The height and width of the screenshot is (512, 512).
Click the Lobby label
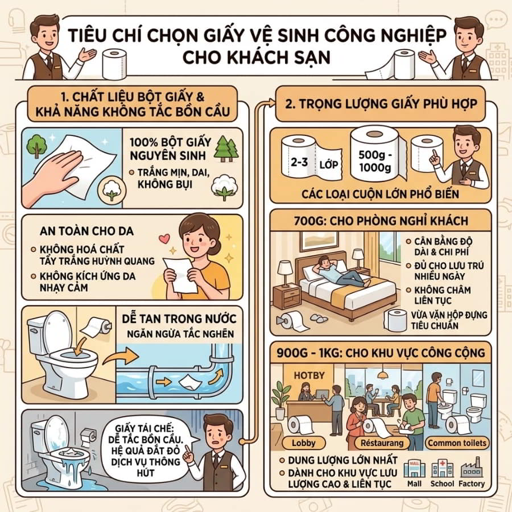(304, 443)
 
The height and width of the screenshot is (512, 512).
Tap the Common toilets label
(457, 443)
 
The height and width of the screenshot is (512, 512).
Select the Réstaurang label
(382, 443)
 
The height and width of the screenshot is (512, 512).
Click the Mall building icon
(414, 469)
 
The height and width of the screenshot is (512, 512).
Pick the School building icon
(443, 469)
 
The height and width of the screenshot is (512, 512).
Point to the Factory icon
(472, 468)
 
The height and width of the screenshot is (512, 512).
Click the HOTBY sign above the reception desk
(309, 375)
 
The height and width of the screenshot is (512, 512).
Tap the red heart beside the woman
(164, 239)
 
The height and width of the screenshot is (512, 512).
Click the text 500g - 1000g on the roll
(375, 161)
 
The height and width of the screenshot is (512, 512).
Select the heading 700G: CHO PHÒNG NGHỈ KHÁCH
(381, 221)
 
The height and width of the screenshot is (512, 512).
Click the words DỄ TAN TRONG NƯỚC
(179, 319)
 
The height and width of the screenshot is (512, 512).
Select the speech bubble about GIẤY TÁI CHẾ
(146, 451)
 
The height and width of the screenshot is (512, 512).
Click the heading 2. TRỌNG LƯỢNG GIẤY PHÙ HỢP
(381, 104)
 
